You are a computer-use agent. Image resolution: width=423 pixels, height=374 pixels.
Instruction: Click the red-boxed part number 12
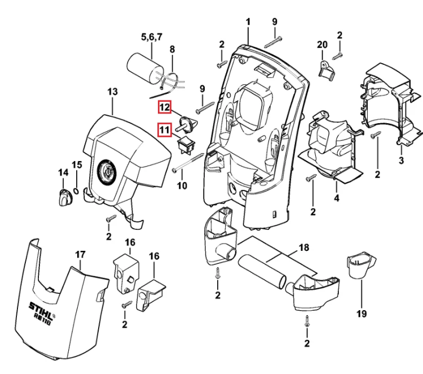(x=165, y=107)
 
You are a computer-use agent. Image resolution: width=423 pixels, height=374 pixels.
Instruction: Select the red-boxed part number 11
(x=165, y=130)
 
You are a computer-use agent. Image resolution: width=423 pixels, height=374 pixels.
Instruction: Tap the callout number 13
(x=112, y=92)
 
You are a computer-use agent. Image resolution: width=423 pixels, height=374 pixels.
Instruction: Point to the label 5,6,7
(x=152, y=37)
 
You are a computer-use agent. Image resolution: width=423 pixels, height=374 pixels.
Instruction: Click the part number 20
(x=322, y=45)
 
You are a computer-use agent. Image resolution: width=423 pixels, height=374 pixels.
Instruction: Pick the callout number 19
(x=362, y=314)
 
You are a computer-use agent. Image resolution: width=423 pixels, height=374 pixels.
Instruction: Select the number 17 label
(x=80, y=255)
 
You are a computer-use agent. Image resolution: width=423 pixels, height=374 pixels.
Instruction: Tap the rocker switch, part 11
(x=187, y=145)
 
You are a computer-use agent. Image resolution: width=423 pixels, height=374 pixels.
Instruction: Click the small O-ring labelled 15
(x=76, y=191)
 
